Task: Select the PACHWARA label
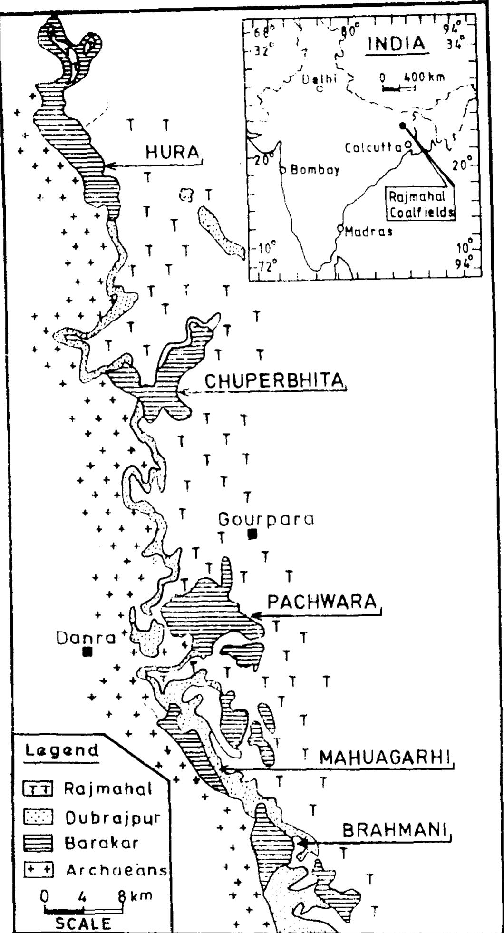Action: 322,602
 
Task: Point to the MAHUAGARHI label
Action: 385,757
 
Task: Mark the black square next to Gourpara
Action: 252,534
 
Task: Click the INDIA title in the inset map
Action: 397,44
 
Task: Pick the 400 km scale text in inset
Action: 424,77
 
